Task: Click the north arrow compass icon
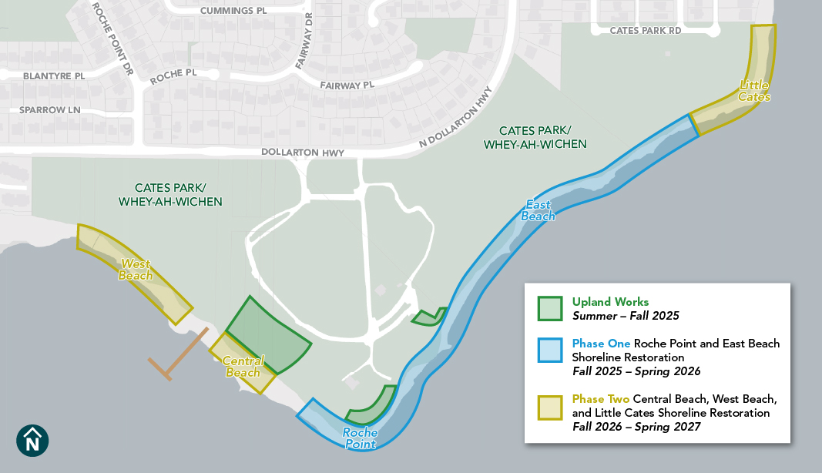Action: pos(32,440)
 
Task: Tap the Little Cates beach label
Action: pos(754,91)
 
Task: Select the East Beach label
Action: pos(538,210)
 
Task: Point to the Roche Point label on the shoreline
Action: pos(361,438)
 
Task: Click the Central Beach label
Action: pos(243,367)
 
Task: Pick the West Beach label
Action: pos(136,270)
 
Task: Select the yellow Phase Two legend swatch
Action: pos(550,407)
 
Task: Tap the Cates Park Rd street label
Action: pos(646,31)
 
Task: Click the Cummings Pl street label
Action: pos(233,11)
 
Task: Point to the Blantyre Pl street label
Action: pos(54,76)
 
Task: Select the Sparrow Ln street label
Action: pos(50,110)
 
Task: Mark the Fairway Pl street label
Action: pos(347,85)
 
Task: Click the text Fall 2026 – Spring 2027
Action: pos(636,427)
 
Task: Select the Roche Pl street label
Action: pos(174,77)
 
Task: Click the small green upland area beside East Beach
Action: pos(428,317)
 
